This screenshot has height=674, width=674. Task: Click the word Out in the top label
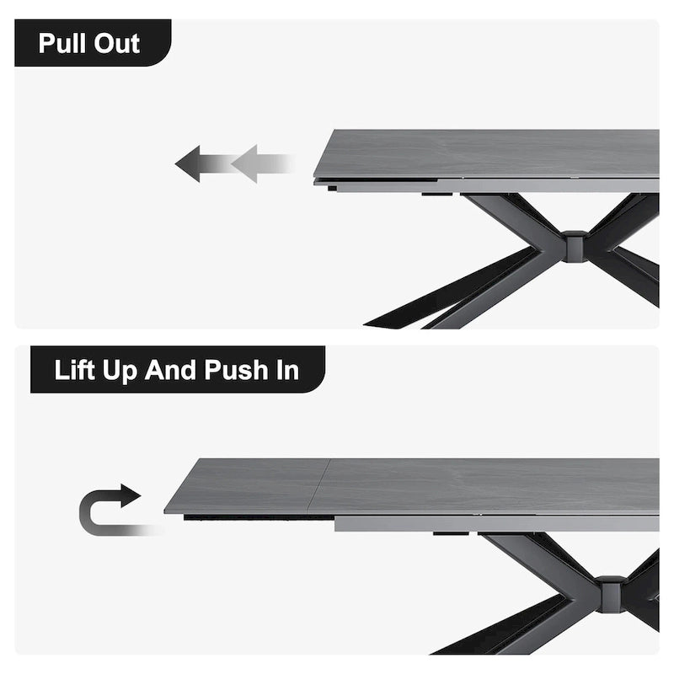pos(117,43)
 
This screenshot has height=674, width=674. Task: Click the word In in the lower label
pos(287,370)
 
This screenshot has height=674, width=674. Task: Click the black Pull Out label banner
pos(93,43)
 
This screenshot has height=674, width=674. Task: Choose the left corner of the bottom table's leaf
pos(168,511)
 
